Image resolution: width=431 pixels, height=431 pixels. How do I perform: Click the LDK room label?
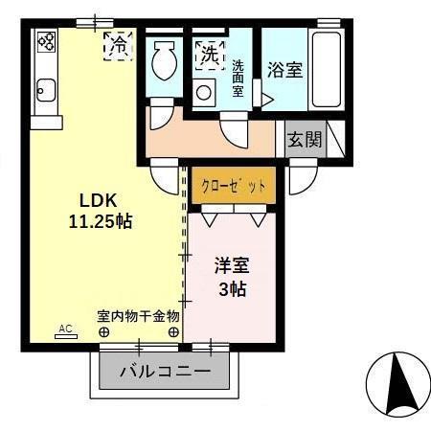(97, 202)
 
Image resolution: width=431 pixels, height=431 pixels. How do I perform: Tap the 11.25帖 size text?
(100, 221)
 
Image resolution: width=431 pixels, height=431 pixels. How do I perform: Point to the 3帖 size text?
(232, 288)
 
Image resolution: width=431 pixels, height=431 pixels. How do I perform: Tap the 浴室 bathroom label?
(285, 71)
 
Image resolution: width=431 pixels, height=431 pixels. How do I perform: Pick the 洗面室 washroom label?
(238, 77)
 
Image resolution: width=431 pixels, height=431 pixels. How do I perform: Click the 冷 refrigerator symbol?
(119, 44)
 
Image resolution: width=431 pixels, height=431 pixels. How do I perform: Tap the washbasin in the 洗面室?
(203, 92)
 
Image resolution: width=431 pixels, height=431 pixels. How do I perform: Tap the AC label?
(66, 328)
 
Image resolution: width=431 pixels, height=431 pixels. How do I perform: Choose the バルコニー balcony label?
(164, 371)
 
